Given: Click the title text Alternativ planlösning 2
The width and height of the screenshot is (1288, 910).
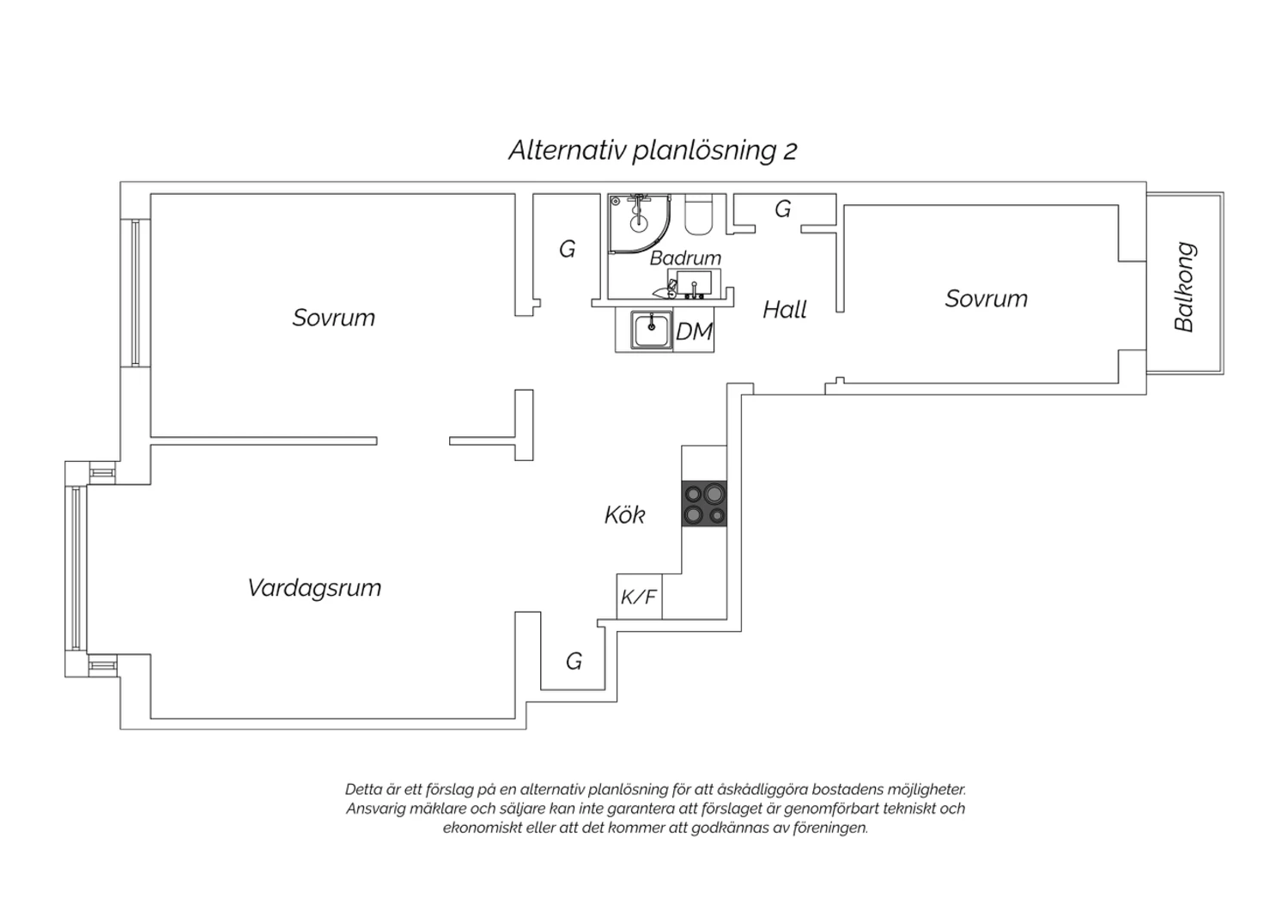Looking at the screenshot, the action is point(653,150).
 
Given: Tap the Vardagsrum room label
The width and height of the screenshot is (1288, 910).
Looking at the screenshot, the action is point(314,587).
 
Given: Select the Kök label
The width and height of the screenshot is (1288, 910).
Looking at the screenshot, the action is point(624,514).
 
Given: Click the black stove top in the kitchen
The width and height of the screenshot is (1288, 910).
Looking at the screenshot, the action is point(704,504).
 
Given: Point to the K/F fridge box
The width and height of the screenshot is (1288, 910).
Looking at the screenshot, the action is point(639,597).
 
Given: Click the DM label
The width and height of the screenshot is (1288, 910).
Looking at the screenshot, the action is point(694,331).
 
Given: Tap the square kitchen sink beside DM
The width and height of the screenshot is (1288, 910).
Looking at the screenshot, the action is point(652,330).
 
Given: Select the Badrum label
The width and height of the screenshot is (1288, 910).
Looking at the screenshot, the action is point(685,258).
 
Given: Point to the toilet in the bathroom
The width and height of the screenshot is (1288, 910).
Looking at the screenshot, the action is point(699,215).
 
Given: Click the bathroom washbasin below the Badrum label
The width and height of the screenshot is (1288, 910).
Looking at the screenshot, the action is point(694,282).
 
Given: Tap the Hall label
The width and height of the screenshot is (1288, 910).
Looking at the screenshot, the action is point(784,311).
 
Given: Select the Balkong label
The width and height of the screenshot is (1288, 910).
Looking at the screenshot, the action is point(1184,287).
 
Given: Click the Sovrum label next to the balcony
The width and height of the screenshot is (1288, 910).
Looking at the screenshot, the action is point(986,299).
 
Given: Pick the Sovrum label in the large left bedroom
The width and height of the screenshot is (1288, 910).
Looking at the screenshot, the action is point(333,318).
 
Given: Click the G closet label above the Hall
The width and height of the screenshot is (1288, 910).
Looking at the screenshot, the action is point(782,209).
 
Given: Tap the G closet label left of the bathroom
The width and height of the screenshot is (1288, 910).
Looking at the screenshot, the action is point(567,250).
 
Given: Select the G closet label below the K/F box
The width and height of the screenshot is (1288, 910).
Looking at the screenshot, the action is point(574,662).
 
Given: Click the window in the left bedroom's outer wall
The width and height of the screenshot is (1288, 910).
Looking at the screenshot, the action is point(136,294).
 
